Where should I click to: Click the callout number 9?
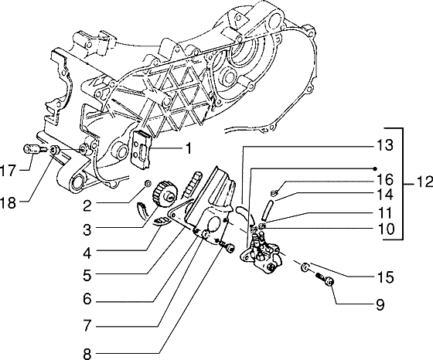(x=380, y=304)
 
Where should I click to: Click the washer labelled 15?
(x=307, y=267)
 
